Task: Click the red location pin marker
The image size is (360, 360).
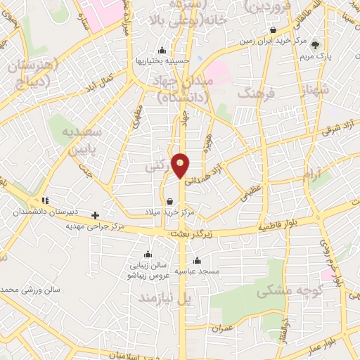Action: pos(181,165)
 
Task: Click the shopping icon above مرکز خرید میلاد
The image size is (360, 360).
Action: pos(170,201)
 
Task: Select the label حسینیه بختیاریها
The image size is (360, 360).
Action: pos(163,60)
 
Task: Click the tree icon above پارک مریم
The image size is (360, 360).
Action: pos(314,44)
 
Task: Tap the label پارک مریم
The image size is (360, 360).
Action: pos(315,55)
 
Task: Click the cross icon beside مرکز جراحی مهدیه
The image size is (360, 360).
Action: pos(96,214)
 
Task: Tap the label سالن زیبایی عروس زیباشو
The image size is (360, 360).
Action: pos(148,271)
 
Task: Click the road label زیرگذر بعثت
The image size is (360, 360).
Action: pos(191,233)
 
